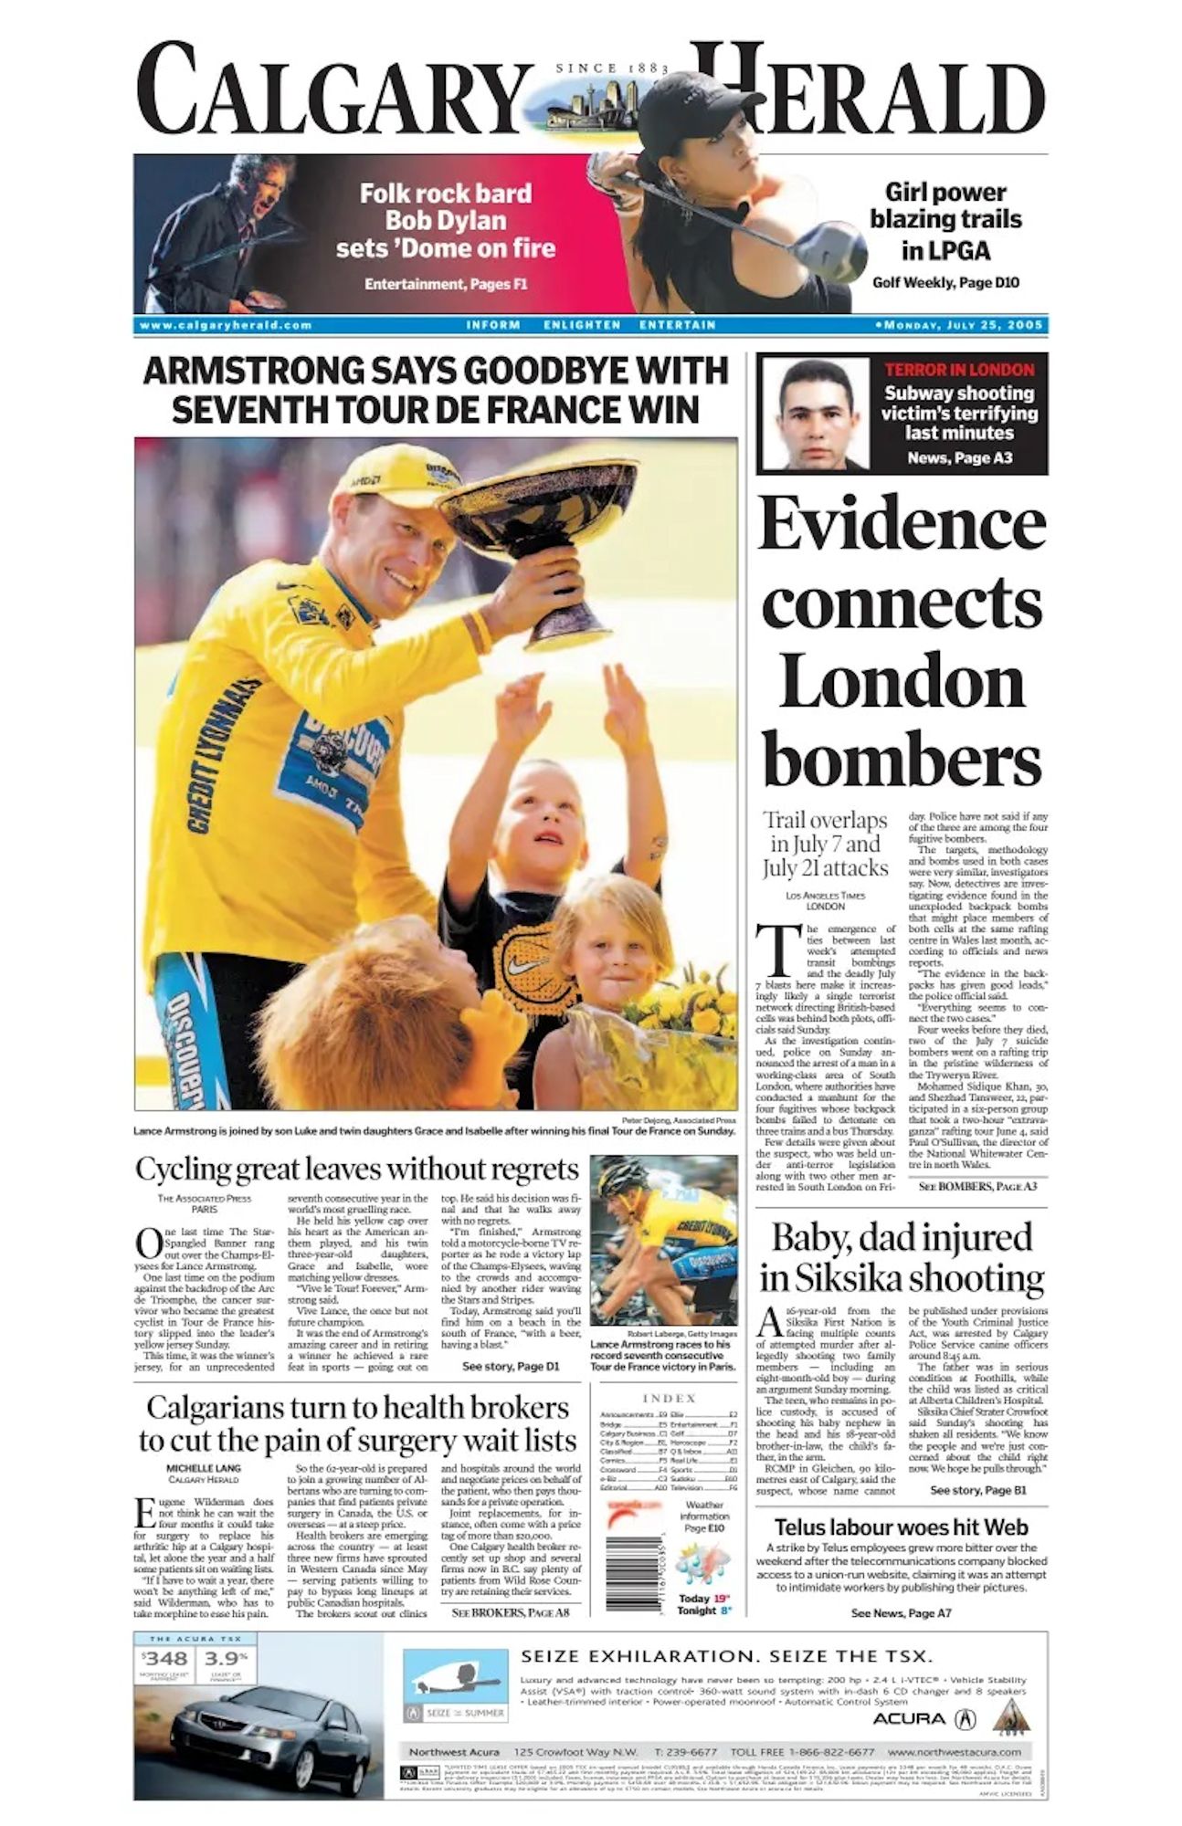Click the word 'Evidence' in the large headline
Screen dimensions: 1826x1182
(901, 524)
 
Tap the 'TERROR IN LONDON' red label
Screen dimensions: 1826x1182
(958, 370)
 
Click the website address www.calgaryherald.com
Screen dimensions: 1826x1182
(226, 325)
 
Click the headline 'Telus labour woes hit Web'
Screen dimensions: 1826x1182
(901, 1527)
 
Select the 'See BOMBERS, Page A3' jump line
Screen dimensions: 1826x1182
(977, 1186)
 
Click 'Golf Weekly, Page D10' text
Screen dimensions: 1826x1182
(945, 283)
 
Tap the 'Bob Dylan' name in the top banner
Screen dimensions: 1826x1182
(445, 220)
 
